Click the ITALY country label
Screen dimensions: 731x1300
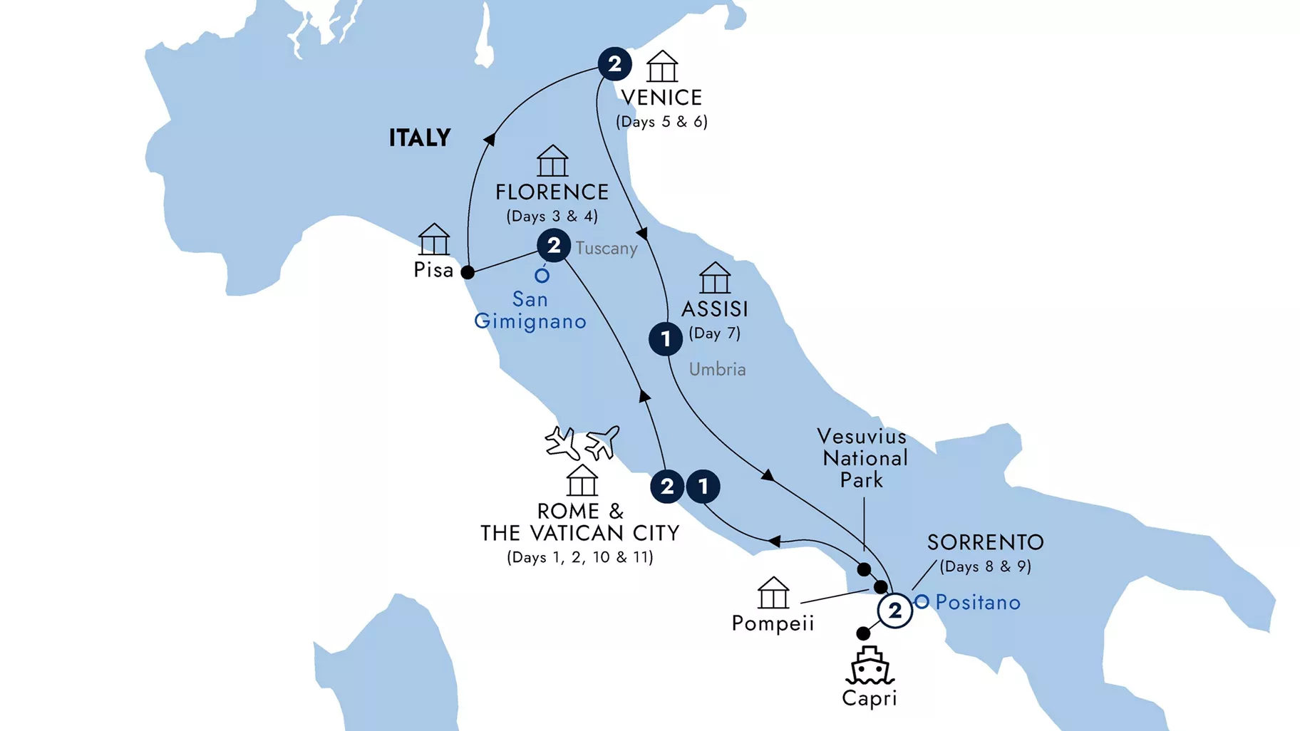point(420,138)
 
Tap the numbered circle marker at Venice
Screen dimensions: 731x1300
point(614,64)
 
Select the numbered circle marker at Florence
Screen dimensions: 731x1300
point(554,246)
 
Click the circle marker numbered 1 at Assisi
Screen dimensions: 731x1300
point(666,338)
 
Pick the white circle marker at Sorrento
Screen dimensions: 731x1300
point(895,611)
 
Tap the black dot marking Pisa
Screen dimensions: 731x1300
point(468,272)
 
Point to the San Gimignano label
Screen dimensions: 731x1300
point(530,310)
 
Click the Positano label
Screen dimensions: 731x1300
point(978,603)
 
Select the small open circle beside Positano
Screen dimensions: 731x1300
point(922,602)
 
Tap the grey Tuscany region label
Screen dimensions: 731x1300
point(607,249)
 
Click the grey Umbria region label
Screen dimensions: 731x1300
point(717,370)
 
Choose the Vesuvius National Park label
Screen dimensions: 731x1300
point(863,458)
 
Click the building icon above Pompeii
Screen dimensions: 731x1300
point(773,593)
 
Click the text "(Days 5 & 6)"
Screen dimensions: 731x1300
point(662,122)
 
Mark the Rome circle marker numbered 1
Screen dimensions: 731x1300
point(703,487)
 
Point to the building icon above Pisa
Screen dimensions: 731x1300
point(434,239)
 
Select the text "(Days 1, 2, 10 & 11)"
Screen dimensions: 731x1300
point(580,557)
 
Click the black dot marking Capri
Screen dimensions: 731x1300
point(863,633)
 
